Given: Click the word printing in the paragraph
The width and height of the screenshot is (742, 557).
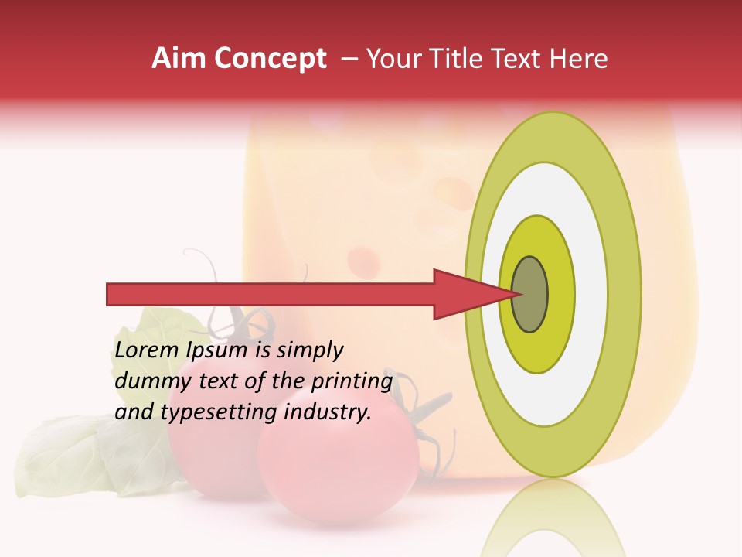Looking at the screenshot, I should [352, 381].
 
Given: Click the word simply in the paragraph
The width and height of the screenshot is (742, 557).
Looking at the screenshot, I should [309, 350].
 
